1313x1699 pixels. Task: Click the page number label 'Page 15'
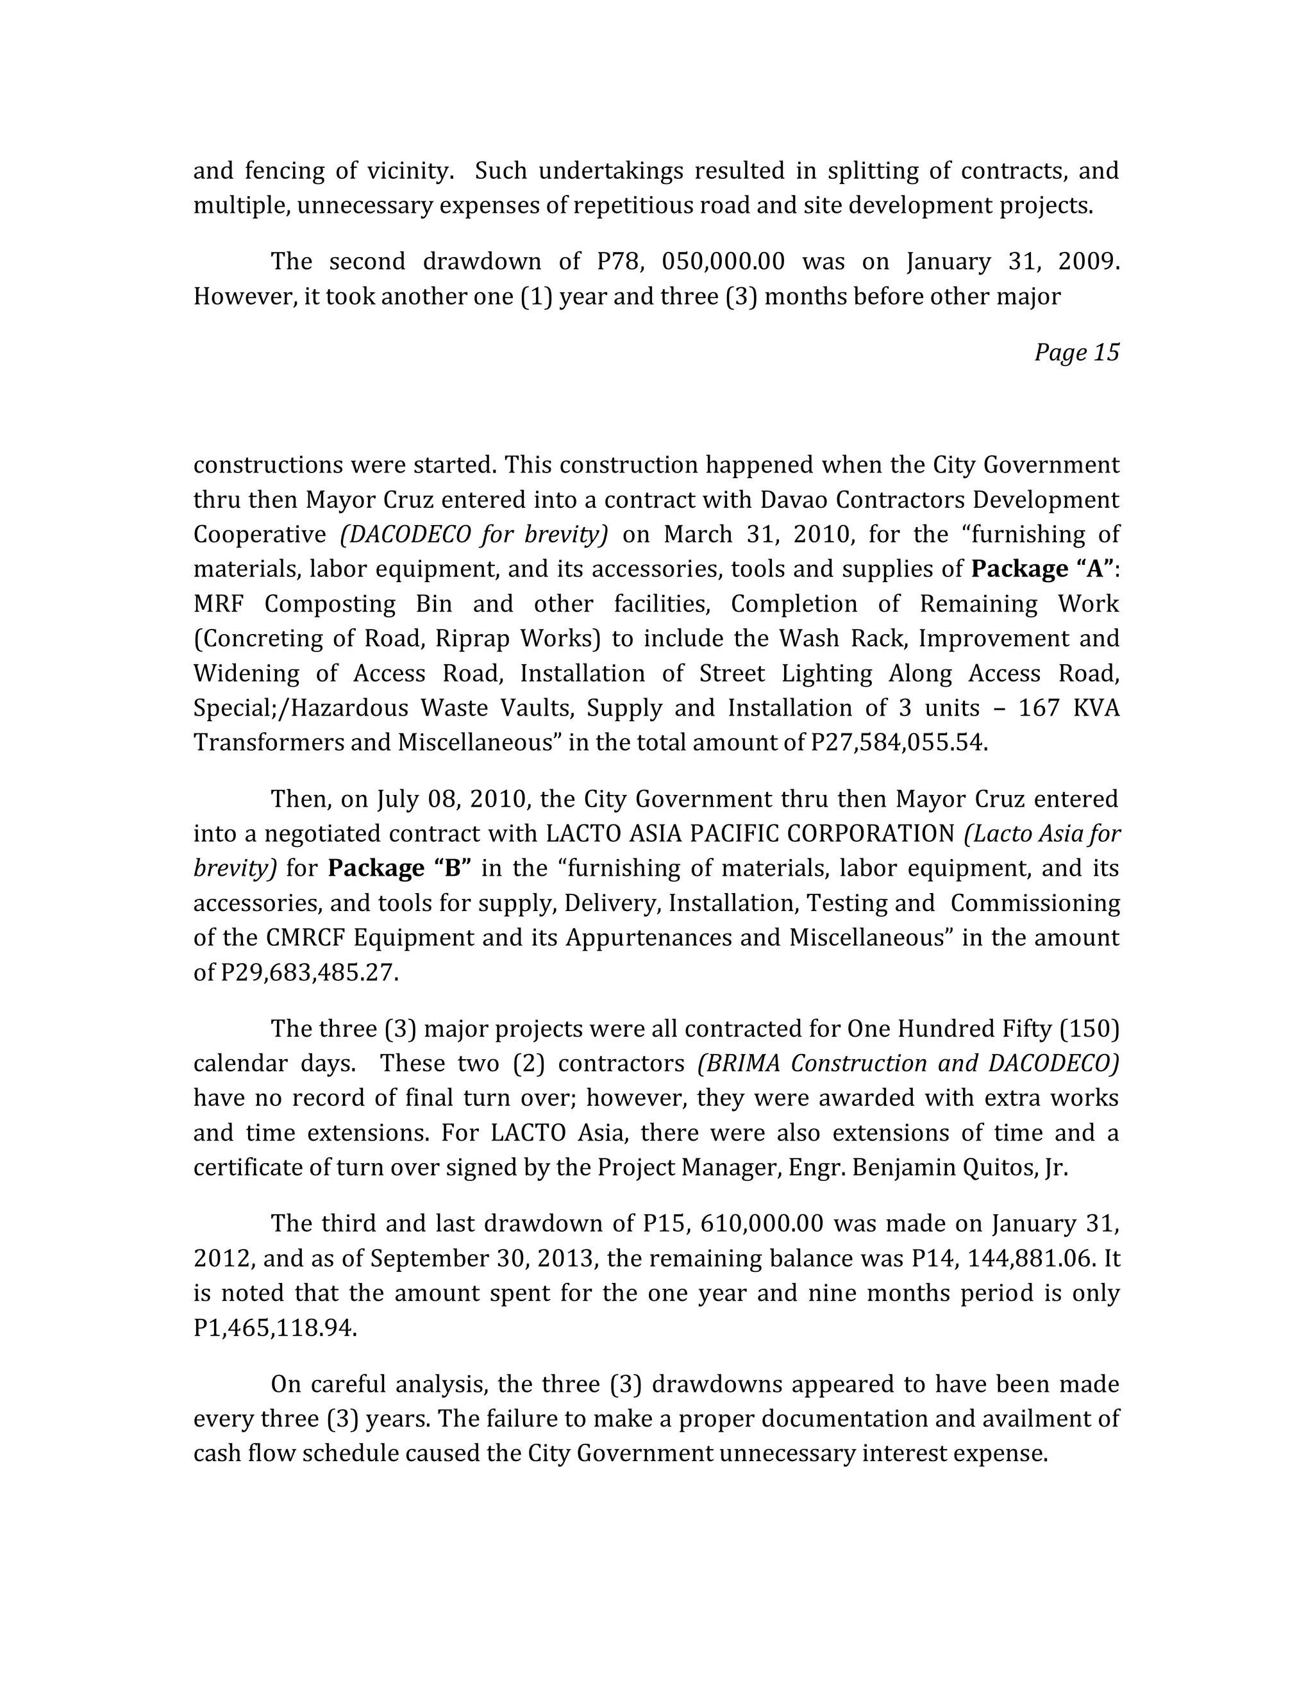click(1076, 353)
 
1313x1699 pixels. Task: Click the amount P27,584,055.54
click(898, 743)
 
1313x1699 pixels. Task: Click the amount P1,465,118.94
click(274, 1328)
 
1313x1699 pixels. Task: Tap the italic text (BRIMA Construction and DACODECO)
click(908, 1064)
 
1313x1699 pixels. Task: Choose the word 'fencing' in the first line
click(285, 171)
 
